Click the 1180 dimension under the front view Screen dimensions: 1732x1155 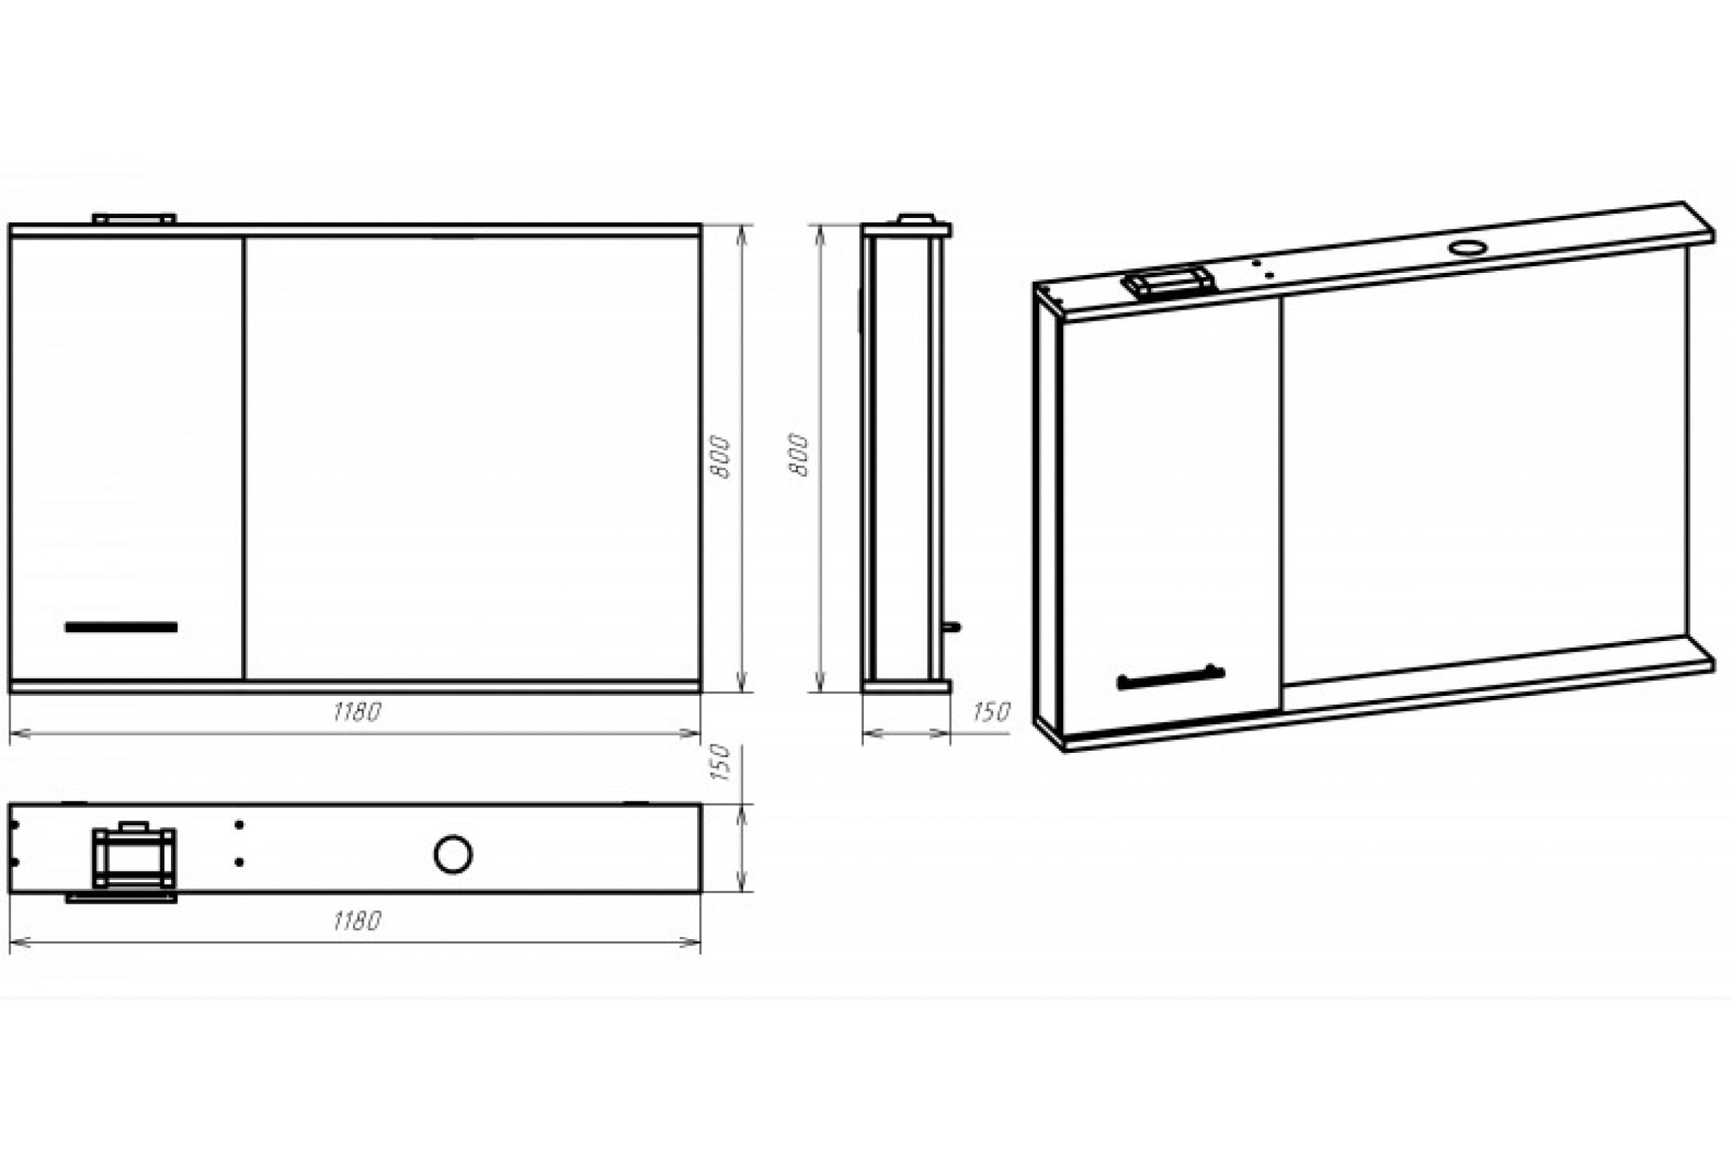click(x=357, y=712)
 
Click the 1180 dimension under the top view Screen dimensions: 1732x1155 click(x=357, y=922)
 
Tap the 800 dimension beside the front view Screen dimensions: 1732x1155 click(x=722, y=457)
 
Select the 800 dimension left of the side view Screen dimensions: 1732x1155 click(x=799, y=455)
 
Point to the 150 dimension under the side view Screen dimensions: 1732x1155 click(x=991, y=712)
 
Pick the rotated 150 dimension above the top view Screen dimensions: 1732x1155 click(x=722, y=762)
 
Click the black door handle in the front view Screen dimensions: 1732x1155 click(x=121, y=627)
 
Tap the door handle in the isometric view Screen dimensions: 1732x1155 click(x=1171, y=678)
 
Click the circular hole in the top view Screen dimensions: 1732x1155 click(x=453, y=855)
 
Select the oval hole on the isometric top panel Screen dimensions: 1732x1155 click(x=1468, y=248)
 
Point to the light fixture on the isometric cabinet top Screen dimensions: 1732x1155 click(x=1168, y=282)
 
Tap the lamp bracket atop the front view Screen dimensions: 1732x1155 click(x=134, y=219)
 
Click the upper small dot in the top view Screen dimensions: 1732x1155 click(x=240, y=825)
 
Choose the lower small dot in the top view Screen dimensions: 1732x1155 click(x=240, y=861)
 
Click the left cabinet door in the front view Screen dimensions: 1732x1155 click(x=127, y=458)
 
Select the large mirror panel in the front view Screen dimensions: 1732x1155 click(x=472, y=458)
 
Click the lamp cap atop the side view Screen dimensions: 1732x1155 click(x=916, y=219)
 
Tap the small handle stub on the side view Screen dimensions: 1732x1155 click(x=952, y=627)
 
